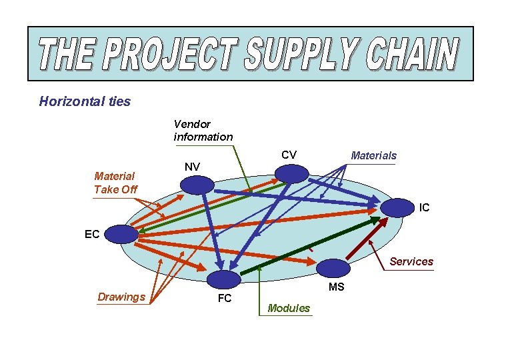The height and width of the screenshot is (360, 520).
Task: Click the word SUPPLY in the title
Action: (303, 54)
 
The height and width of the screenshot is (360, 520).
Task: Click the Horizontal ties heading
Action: (85, 101)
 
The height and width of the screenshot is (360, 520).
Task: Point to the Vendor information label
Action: (203, 130)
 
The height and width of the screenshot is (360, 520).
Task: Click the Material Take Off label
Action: (115, 182)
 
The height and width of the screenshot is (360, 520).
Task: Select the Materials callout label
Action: (373, 155)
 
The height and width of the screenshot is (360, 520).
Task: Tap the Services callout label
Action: (411, 261)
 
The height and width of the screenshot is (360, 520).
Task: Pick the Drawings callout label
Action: (121, 297)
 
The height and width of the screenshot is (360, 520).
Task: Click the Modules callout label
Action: (288, 308)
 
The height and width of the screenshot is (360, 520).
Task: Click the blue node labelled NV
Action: (197, 185)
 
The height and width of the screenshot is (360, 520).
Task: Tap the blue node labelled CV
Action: (291, 173)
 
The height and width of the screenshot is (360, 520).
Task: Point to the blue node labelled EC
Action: (121, 234)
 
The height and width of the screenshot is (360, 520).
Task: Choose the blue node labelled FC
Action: (224, 279)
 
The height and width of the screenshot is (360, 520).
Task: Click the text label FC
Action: (225, 299)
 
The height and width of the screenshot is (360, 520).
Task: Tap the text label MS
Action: (336, 287)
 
